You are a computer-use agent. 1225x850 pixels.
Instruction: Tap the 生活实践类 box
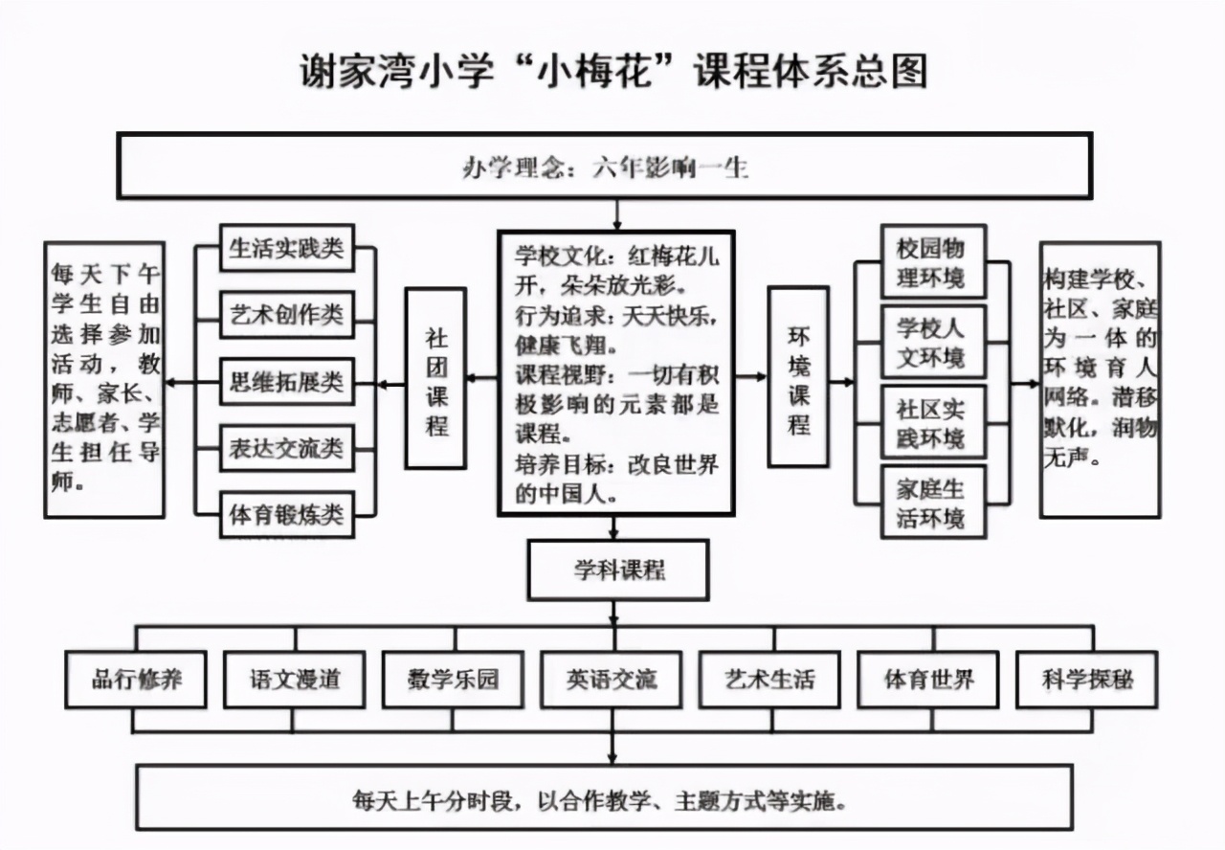tap(286, 249)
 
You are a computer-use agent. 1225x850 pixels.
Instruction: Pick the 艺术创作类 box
tap(286, 315)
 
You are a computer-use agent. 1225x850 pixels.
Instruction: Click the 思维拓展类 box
tap(286, 382)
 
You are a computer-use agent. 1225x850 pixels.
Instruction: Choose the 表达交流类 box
tap(286, 448)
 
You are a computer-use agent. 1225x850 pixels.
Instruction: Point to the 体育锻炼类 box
tap(286, 514)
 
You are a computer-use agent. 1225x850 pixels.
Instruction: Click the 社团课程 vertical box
tap(435, 379)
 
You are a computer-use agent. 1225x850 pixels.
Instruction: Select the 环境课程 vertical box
tap(798, 377)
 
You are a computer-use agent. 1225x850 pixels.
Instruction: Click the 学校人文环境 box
tap(930, 343)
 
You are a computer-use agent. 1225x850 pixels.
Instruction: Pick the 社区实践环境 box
tap(930, 422)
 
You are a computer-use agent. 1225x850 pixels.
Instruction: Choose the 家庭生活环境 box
tap(930, 503)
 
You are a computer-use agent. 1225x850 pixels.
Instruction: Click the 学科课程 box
tap(617, 570)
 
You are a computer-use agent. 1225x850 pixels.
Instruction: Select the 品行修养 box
tap(136, 680)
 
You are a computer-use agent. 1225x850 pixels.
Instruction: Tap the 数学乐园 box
tap(454, 680)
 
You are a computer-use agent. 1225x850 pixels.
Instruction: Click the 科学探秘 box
tap(1086, 680)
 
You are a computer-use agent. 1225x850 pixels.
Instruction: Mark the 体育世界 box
tap(928, 680)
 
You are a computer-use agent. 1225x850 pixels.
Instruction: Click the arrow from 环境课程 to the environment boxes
tap(842, 382)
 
